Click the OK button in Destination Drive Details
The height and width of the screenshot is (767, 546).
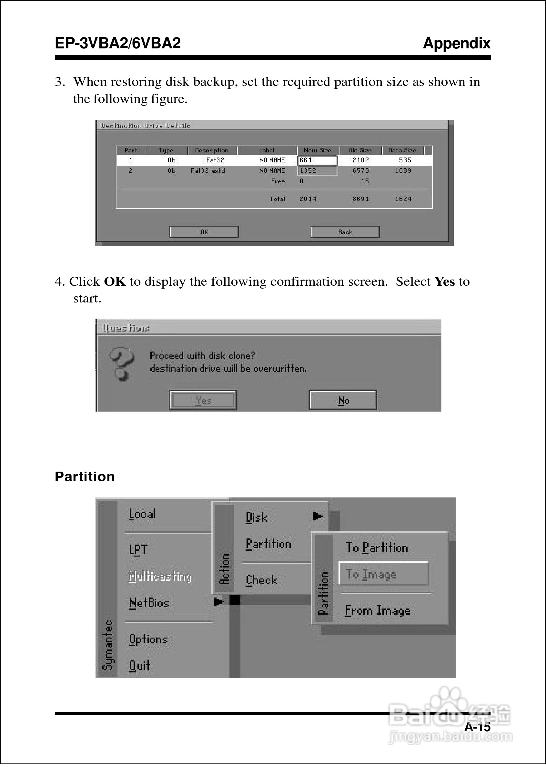pos(204,232)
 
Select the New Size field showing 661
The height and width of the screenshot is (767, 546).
pos(317,160)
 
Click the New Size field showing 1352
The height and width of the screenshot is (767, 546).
pos(317,170)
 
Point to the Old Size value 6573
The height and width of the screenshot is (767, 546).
pos(360,170)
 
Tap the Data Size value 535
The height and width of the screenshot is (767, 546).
pos(405,160)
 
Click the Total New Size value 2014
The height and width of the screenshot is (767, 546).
pos(308,199)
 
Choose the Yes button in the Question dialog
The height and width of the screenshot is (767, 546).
pos(203,400)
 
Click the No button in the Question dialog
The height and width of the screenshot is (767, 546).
pos(343,400)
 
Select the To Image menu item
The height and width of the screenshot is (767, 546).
pos(383,574)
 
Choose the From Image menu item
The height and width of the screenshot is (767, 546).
pos(377,610)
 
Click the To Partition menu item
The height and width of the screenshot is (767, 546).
pos(377,548)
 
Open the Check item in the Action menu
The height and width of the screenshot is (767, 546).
pos(261,580)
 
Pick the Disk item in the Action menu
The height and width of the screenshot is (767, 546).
pos(257,517)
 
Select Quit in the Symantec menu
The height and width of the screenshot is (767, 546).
pos(139,665)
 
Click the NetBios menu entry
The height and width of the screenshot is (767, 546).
pos(149,603)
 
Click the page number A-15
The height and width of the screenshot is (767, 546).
pos(477,727)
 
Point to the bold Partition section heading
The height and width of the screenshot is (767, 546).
pos(85,476)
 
